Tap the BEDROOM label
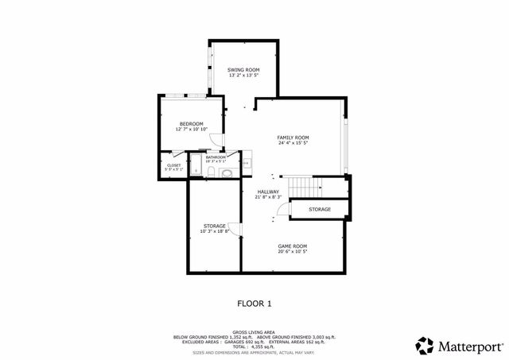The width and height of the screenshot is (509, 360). pos(191,123)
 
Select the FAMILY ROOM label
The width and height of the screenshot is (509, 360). pos(293,137)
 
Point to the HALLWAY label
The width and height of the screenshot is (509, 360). pos(267,191)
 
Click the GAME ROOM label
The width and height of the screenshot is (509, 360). pos(293,246)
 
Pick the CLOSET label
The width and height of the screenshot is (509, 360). pos(173,165)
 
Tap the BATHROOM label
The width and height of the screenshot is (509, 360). pos(216,157)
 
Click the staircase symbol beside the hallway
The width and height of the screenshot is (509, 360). pos(301,188)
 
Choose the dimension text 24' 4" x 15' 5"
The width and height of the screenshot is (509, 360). pos(293,144)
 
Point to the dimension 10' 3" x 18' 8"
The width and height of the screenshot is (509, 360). pos(215,231)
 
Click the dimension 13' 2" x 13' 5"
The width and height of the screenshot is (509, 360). pos(244,76)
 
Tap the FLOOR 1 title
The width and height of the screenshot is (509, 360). pos(254,303)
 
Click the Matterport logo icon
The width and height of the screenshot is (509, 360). pos(425,346)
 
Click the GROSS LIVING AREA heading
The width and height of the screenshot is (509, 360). pos(254,332)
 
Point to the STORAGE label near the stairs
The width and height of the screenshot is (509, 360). pos(320,209)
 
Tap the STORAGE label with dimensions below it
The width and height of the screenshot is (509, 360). pos(215,226)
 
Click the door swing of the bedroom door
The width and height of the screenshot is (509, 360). pos(224,140)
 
